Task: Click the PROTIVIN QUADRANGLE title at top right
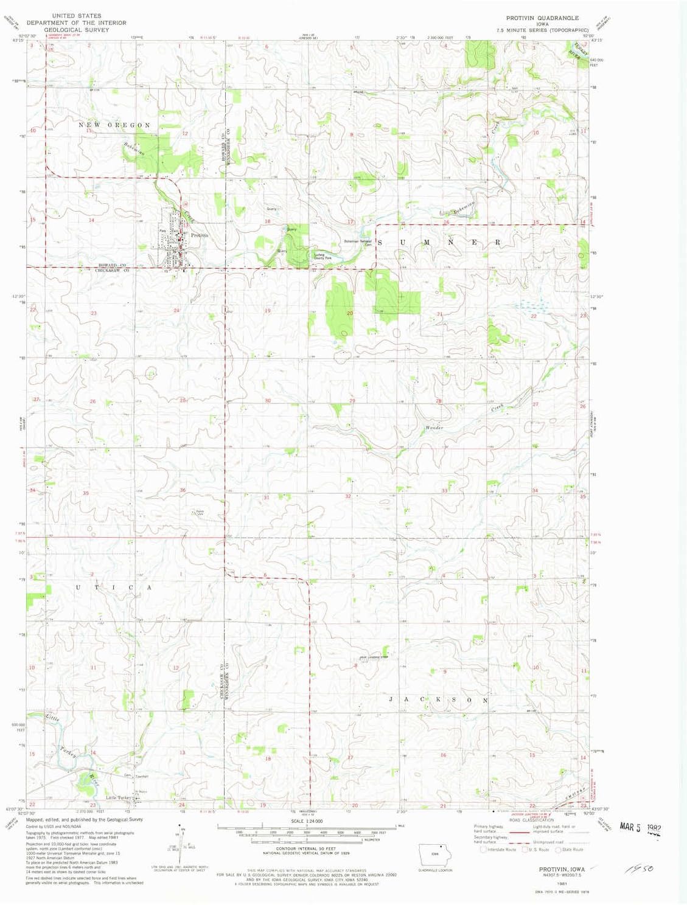[542, 18]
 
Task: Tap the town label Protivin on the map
[200, 235]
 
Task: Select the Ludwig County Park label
[323, 256]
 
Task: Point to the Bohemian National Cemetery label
[358, 242]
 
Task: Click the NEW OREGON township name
[114, 125]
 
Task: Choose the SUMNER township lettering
[439, 242]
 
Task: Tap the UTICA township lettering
[114, 588]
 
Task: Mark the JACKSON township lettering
[438, 700]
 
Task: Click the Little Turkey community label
[119, 797]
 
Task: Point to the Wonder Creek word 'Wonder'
[434, 428]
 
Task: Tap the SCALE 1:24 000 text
[305, 821]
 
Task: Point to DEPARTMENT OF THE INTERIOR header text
[77, 23]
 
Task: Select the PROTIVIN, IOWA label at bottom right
[562, 869]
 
